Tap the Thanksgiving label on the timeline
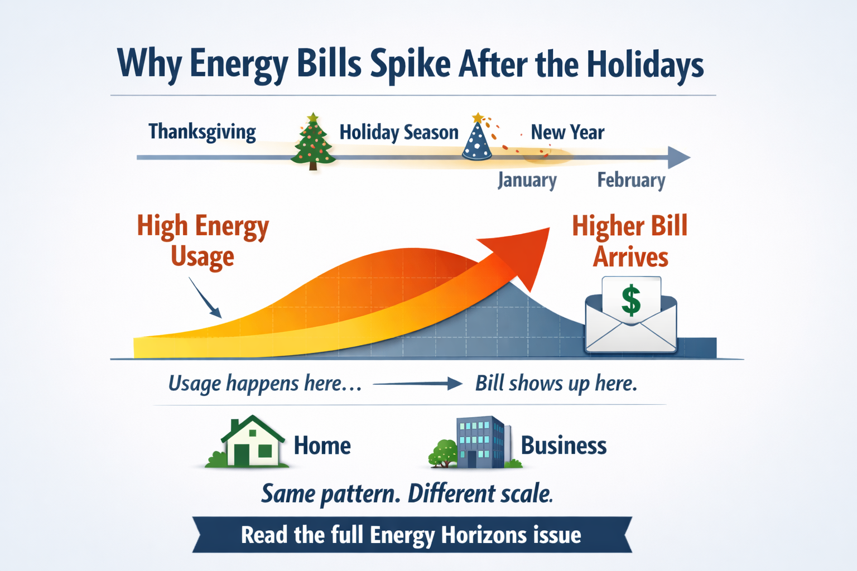coord(202,132)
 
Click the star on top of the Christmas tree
coord(313,117)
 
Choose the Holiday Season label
coord(399,133)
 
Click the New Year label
coord(567,133)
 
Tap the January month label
coord(527,180)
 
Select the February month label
coord(631,180)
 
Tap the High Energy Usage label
coord(203,241)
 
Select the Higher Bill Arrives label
coord(630,241)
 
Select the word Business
coord(564,446)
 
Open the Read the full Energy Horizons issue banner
coord(411,535)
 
